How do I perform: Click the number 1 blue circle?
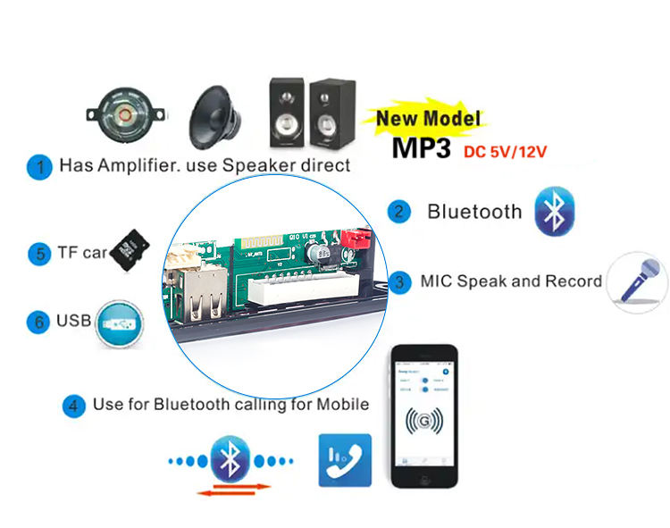[39, 167]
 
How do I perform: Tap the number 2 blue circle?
[398, 212]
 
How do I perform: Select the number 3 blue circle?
[398, 281]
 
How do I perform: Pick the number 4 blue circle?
[73, 405]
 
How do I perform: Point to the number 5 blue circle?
[38, 254]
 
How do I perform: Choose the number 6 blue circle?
[38, 321]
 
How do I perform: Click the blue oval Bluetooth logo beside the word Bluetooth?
[554, 212]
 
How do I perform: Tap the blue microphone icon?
[637, 282]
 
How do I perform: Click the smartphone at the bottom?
[424, 415]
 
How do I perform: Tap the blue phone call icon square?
[345, 460]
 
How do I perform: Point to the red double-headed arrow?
[233, 488]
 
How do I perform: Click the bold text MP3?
[422, 147]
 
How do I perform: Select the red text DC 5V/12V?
[505, 151]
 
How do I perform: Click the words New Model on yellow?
[427, 118]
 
